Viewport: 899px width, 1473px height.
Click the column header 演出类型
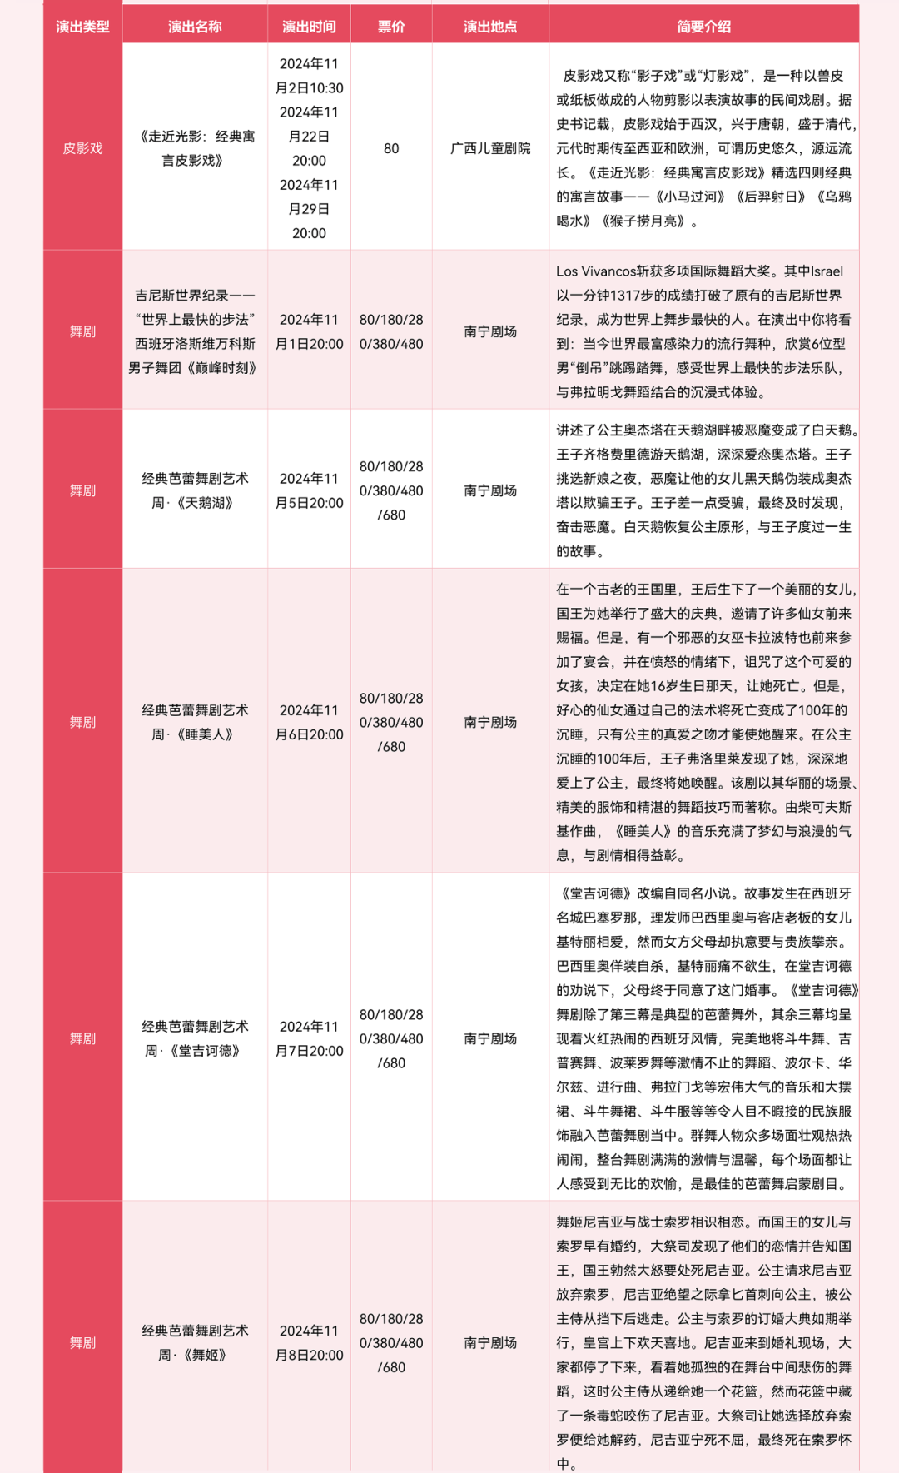(82, 27)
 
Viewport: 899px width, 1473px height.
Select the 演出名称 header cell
(195, 27)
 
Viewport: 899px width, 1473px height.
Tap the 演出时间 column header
(309, 27)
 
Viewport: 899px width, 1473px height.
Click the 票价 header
(391, 27)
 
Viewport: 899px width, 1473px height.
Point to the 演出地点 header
(490, 27)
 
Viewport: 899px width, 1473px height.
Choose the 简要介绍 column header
(703, 27)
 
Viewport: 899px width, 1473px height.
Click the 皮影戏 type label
(82, 148)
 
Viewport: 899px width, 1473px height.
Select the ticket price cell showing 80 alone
(391, 148)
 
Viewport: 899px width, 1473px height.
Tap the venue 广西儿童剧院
(490, 148)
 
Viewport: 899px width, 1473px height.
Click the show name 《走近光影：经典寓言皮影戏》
(195, 148)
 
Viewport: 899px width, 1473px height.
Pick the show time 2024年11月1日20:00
(309, 331)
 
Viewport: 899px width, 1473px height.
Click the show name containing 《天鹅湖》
(195, 490)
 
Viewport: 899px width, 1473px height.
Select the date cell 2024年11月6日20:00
(309, 722)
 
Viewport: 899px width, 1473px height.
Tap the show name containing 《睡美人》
(195, 722)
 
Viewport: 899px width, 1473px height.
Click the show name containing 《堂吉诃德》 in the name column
(195, 1038)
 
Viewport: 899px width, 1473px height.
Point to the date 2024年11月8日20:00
(309, 1342)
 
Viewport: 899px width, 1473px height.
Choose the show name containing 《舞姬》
(195, 1342)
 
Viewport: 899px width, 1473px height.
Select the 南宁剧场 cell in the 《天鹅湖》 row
(490, 490)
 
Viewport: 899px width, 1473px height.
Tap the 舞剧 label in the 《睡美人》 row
(82, 722)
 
